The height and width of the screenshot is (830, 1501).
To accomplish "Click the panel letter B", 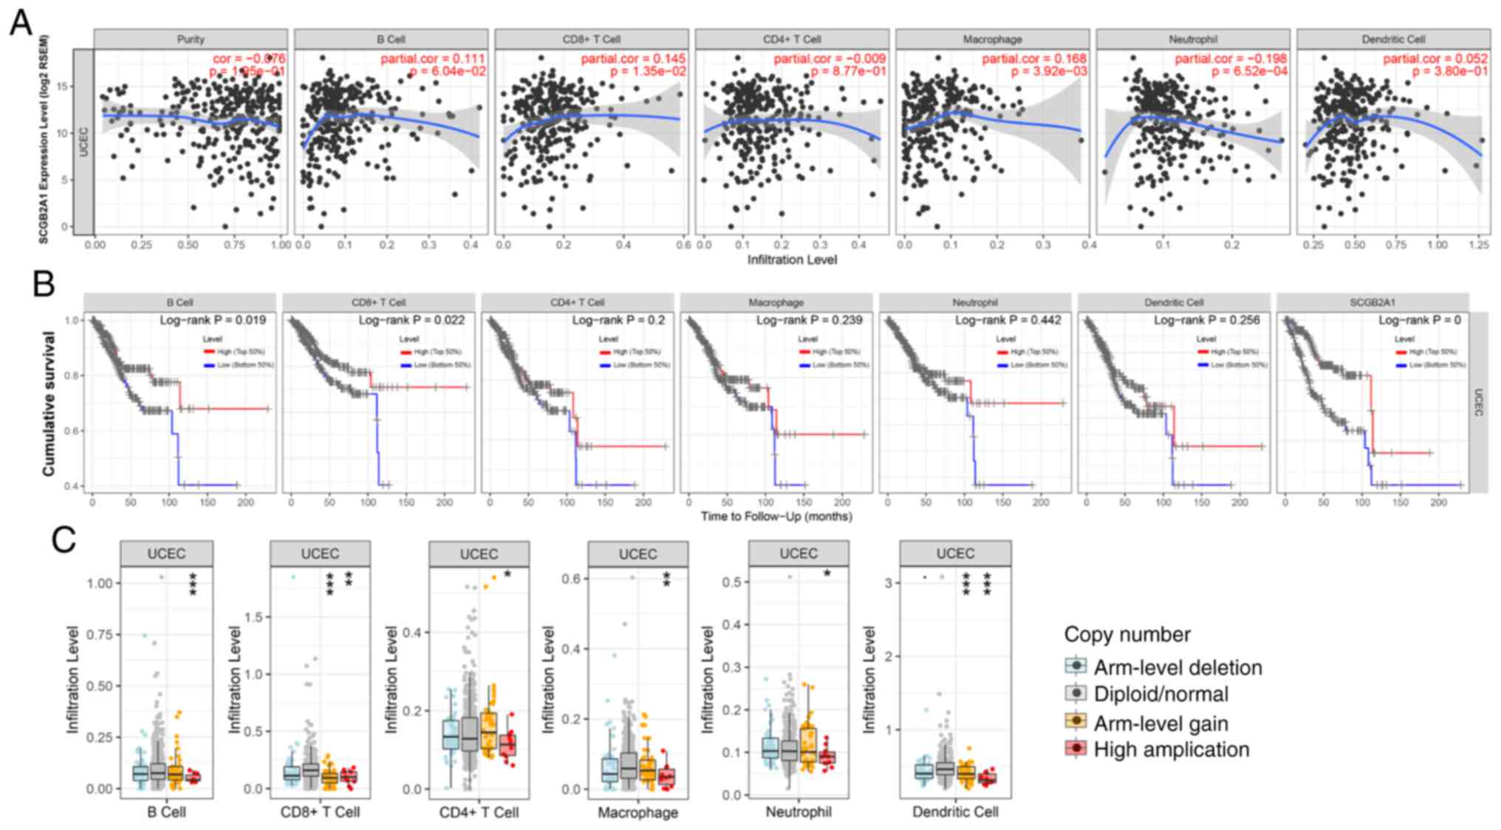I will click(44, 282).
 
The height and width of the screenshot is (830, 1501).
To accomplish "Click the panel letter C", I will click(64, 540).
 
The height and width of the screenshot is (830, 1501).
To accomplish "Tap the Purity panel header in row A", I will click(191, 39).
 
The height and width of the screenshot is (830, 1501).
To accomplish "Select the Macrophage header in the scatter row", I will click(992, 39).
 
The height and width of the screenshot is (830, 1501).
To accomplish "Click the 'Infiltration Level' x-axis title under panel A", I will click(792, 259).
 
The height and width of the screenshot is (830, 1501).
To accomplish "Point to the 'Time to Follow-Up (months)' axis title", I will click(776, 516).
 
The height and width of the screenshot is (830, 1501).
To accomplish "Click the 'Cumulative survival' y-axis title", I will click(49, 403).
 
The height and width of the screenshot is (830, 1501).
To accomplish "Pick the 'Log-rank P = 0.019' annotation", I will click(213, 320).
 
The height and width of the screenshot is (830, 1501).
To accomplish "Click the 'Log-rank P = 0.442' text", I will click(1008, 320).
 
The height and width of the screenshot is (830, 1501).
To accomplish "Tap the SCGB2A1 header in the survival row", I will click(1372, 302).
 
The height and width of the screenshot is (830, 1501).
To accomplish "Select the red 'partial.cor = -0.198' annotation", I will click(1231, 58).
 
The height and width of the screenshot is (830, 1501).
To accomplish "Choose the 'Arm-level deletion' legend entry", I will click(1177, 667).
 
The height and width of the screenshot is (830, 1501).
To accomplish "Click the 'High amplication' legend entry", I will click(1171, 749).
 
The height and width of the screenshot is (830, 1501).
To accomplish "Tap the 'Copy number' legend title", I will click(1127, 634).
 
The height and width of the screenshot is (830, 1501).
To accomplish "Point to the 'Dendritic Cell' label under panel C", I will click(955, 812).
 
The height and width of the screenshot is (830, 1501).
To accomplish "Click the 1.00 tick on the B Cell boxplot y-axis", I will click(98, 583).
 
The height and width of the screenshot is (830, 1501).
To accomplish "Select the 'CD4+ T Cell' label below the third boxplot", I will click(479, 812).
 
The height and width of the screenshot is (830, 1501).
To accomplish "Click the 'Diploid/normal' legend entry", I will click(1160, 694).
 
